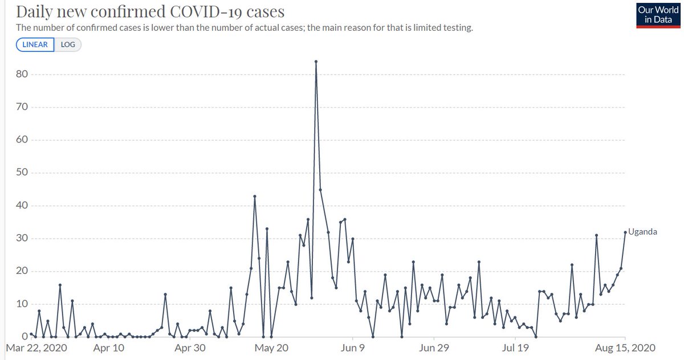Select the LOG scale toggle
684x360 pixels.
tap(68, 44)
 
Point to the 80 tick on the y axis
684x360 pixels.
tap(22, 75)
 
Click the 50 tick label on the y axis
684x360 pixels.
tap(22, 173)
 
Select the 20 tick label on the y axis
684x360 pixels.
tap(22, 271)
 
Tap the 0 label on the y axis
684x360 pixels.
tap(25, 337)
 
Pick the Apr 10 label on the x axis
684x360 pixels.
tap(108, 347)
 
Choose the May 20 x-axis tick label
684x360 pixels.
tap(271, 347)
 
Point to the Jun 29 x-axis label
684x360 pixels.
tap(434, 347)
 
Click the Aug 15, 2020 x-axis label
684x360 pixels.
tap(625, 347)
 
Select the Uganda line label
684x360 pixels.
tap(643, 232)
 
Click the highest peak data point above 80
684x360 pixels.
tap(316, 62)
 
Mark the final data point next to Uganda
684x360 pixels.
tap(625, 232)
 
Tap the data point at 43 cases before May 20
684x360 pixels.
tap(255, 196)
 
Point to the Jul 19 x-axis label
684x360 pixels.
tap(515, 347)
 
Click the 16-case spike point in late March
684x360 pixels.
tap(59, 284)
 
